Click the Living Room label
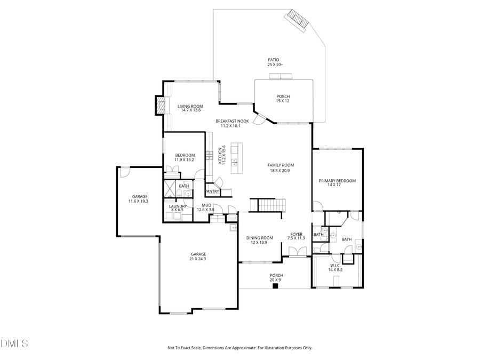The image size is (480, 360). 190,106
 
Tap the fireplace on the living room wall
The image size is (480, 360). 160,105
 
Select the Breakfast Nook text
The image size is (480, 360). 232,121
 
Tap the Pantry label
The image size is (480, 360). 212,191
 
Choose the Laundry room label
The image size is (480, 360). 178,206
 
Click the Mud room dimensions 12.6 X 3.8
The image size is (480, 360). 205,210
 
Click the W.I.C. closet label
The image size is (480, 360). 335,266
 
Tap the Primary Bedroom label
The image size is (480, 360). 337,181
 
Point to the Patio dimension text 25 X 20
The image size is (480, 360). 275,65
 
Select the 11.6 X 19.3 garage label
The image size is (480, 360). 138,201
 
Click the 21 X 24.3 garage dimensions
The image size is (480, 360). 198,259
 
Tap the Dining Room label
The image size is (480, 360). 259,238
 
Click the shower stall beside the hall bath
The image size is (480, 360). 170,189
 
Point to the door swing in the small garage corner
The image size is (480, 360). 123,172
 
